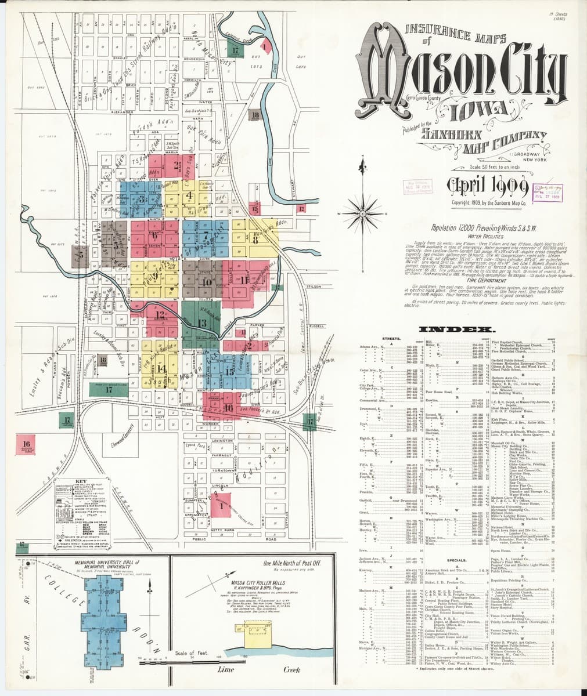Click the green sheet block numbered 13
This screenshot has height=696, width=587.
(201, 322)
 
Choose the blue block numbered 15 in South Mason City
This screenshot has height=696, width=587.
(229, 371)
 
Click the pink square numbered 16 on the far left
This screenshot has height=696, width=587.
(26, 430)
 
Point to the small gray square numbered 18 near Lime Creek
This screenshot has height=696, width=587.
(255, 115)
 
